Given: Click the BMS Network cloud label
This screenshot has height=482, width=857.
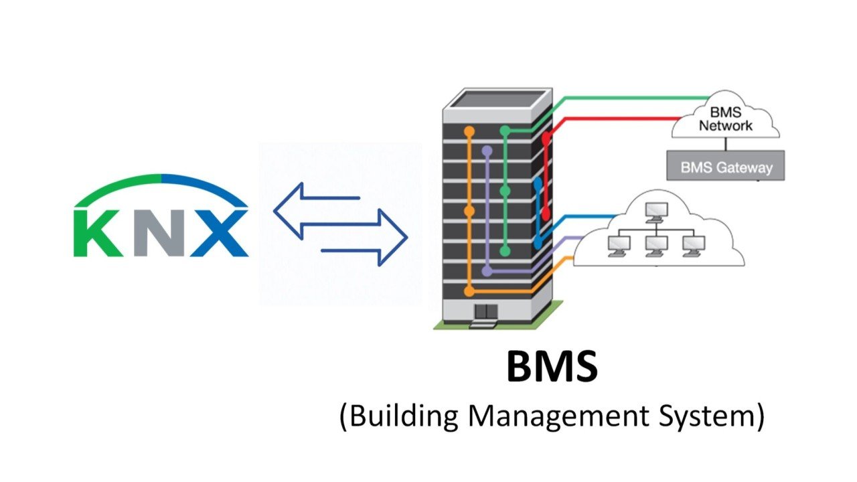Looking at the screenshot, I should (726, 119).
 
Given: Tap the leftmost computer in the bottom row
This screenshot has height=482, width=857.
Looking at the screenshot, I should (615, 245).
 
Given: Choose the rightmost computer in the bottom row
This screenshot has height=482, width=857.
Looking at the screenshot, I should (692, 245).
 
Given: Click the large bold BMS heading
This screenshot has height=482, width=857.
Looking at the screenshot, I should (551, 367).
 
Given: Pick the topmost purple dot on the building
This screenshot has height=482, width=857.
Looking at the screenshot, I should (487, 151).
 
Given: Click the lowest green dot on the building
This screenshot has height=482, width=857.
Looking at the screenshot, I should (505, 252).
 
